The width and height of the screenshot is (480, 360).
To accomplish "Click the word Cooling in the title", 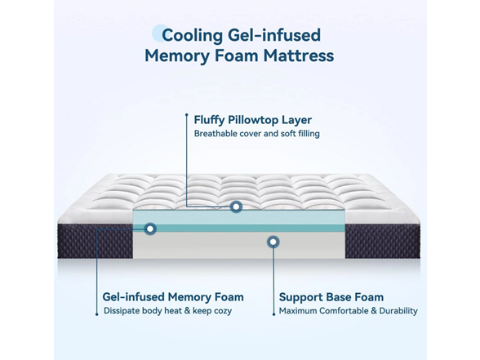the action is tap(192, 36).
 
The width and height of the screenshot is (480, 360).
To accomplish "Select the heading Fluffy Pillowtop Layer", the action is tap(253, 120).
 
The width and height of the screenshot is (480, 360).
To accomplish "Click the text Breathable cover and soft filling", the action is tap(257, 134).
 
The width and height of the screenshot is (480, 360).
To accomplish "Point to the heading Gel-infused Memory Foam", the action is tap(173, 297).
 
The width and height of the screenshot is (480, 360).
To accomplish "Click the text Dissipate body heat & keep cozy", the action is tap(168, 311).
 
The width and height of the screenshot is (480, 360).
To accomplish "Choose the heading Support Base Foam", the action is tap(331, 297).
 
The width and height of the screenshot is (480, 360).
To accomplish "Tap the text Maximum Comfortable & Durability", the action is tap(348, 311).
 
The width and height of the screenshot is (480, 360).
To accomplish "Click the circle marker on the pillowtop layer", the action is tap(236, 207).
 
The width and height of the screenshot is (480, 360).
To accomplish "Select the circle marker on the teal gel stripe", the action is tap(150, 229).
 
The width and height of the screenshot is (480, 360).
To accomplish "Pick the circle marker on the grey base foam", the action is tap(273, 242).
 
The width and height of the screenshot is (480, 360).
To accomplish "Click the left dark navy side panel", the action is tap(96, 242).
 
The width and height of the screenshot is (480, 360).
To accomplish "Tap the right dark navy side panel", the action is tap(383, 242).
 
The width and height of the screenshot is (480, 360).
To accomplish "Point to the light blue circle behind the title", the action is tap(157, 33).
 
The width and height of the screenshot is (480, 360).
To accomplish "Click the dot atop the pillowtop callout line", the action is tap(186, 114).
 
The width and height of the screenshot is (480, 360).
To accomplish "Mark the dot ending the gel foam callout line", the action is tap(96, 314).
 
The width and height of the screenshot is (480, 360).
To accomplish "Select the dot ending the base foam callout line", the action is tap(273, 314).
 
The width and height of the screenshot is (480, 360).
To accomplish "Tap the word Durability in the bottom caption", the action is tap(398, 311).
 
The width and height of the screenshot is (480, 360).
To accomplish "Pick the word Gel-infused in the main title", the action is tap(274, 36).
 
